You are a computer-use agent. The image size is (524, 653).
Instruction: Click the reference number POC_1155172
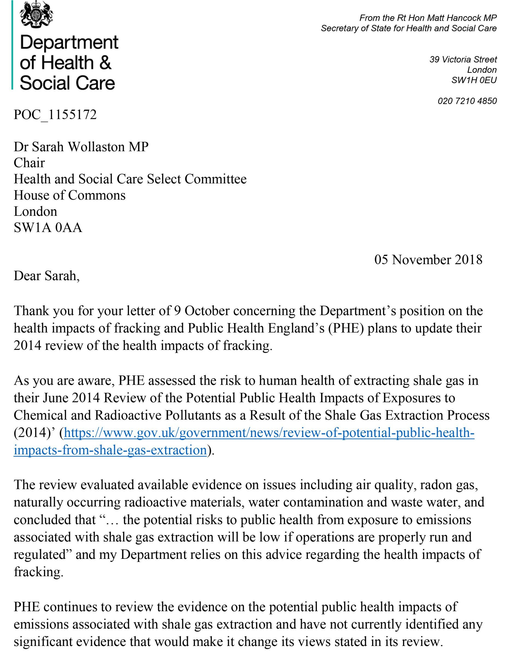[x=55, y=115]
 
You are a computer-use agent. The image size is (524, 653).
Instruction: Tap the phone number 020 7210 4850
[x=467, y=101]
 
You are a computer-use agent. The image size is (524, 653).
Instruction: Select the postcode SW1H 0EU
[x=474, y=80]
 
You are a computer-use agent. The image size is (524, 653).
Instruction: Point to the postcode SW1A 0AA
[x=48, y=228]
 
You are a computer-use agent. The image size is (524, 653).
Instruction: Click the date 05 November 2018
[x=428, y=260]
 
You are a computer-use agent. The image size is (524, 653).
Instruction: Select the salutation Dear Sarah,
[x=47, y=276]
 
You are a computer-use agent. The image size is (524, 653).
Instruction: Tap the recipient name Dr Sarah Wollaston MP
[x=81, y=147]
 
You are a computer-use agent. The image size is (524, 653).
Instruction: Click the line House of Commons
[x=70, y=195]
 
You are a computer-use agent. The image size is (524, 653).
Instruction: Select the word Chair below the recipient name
[x=29, y=163]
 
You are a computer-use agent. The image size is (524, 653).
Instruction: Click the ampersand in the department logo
[x=105, y=62]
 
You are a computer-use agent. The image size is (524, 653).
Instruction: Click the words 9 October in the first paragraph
[x=202, y=311]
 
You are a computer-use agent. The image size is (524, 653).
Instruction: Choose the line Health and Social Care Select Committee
[x=130, y=179]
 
